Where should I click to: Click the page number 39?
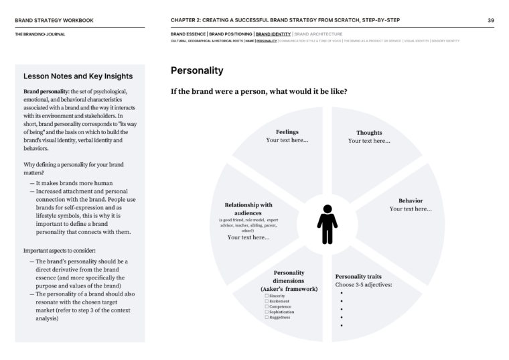491,20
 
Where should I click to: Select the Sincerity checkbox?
267,296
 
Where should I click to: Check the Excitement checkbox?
267,301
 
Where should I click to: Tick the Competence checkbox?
267,306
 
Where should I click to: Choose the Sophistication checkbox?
267,312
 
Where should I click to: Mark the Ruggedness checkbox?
267,317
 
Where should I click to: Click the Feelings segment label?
287,132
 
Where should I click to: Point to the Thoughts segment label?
369,133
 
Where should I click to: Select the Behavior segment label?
411,200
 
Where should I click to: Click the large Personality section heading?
197,70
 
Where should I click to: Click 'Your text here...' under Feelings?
287,141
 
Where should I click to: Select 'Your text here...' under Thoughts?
369,141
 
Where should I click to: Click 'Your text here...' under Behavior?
411,209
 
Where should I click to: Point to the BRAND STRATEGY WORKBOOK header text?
54,20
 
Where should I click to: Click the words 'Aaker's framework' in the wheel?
289,288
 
